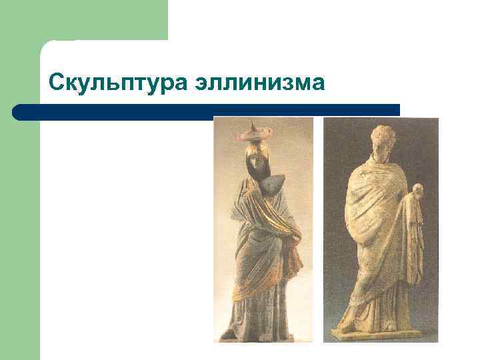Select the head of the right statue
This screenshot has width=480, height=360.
click(x=382, y=144)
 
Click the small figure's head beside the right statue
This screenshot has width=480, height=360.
click(x=417, y=191)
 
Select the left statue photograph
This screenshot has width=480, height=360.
click(x=263, y=229)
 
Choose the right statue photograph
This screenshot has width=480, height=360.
click(x=381, y=229)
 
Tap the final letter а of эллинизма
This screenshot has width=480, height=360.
click(x=319, y=85)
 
